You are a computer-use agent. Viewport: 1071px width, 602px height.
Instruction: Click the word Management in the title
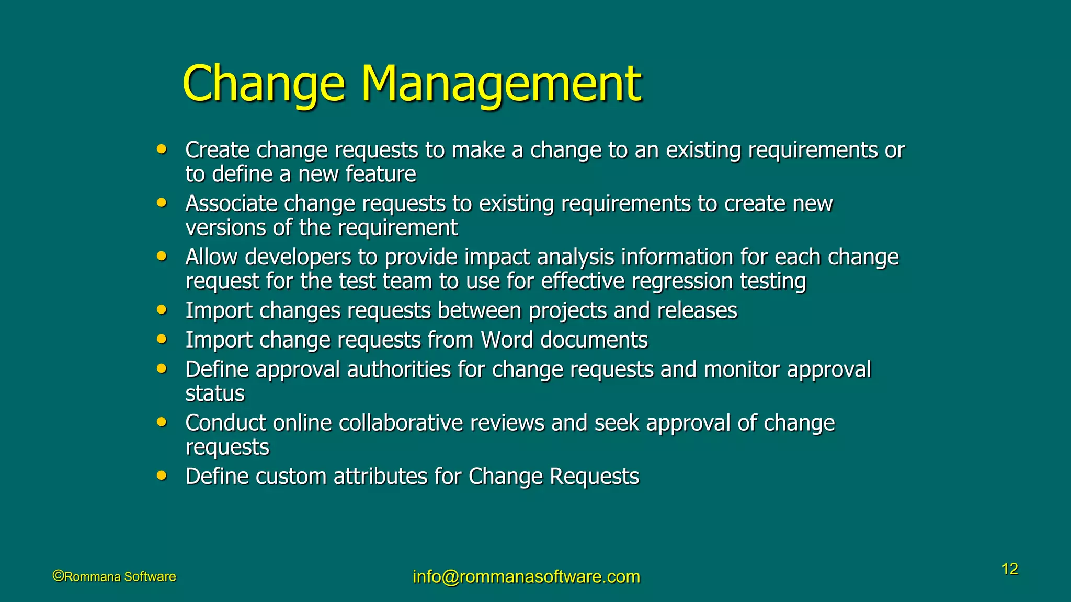(500, 84)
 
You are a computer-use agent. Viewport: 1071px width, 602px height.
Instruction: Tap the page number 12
(1009, 569)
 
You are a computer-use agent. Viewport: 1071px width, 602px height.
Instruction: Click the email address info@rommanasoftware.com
(526, 576)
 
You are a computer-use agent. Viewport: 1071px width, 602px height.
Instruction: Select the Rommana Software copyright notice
(115, 576)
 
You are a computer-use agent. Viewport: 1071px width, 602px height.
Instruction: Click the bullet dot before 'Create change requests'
(162, 149)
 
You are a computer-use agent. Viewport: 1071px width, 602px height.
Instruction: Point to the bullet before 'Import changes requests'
(162, 309)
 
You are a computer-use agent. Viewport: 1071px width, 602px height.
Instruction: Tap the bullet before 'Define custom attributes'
(162, 476)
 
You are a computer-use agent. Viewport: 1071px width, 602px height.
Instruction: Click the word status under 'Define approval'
(215, 393)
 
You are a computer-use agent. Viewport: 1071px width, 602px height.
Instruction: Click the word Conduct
(225, 423)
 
